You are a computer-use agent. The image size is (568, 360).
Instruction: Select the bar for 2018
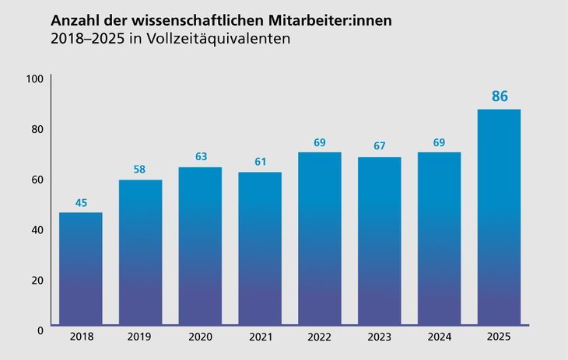[80, 268]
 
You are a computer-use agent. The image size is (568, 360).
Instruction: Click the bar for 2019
[140, 252]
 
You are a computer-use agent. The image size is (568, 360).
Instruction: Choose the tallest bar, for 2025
[499, 217]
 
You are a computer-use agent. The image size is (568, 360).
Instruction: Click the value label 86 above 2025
[500, 97]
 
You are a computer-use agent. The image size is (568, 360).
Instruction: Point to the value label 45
[81, 203]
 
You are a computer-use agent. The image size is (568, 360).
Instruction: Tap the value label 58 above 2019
[140, 170]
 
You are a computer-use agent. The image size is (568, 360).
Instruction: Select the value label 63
[200, 157]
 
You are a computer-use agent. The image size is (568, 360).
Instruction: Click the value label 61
[260, 162]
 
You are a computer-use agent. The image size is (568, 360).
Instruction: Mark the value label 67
[379, 146]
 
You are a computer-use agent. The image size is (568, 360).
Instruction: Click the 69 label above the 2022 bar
[319, 142]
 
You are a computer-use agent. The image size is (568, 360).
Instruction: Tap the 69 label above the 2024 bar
[439, 142]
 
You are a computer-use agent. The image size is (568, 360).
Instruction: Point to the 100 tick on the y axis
[34, 79]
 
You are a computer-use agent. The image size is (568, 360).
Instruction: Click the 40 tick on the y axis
[37, 229]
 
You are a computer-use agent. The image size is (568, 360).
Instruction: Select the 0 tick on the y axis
[40, 330]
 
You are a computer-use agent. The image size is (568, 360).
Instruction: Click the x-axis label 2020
[200, 337]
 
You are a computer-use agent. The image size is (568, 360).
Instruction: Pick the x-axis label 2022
[319, 337]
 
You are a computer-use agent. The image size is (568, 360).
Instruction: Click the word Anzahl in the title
[74, 19]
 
